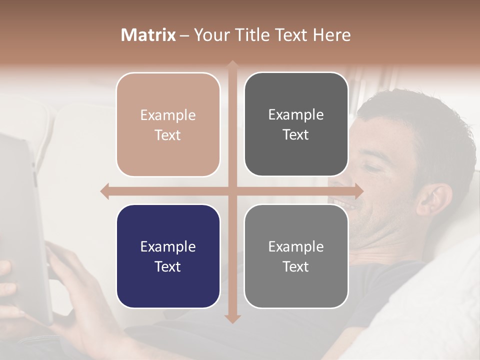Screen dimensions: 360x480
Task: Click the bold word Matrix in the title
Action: point(148,35)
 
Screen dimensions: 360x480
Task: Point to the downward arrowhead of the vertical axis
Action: point(232,318)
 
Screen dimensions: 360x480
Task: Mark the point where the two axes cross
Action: point(232,191)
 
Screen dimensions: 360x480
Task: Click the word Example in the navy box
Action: point(168,246)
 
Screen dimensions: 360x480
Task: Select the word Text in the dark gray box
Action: point(296,135)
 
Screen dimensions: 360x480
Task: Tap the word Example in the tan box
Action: point(168,115)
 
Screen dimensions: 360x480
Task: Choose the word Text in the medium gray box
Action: point(296,266)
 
